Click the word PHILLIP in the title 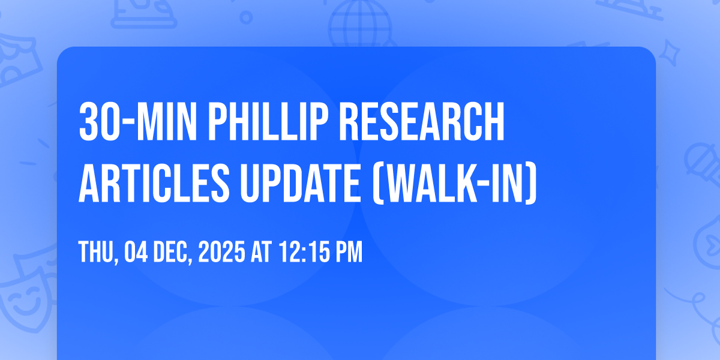tap(269, 122)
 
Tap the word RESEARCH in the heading tap(422, 122)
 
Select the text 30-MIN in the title tap(137, 122)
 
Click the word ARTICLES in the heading tap(154, 183)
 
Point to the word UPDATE tap(300, 183)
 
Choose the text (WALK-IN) tap(455, 183)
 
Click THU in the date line tap(97, 252)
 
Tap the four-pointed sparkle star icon tap(670, 53)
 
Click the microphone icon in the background tap(703, 164)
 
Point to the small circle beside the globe tap(246, 17)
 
